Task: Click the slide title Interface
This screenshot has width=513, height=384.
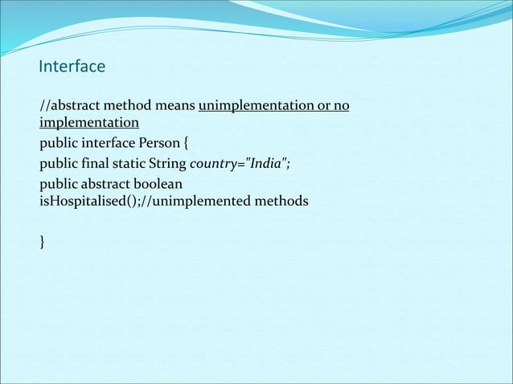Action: click(72, 66)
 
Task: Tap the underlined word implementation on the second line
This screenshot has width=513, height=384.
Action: click(88, 123)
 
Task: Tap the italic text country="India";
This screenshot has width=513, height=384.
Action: click(239, 165)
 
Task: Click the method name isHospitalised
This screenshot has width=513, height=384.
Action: click(77, 201)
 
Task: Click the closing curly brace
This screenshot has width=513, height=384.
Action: click(42, 241)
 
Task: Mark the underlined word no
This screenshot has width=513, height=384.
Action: click(342, 106)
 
